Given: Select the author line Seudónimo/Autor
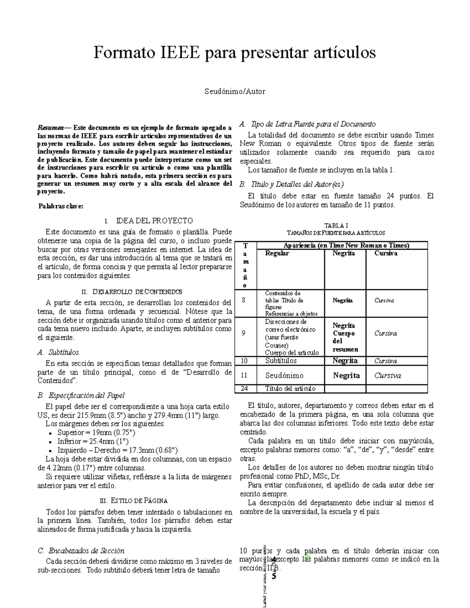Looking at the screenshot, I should pos(235,92).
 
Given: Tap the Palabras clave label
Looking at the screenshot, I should pos(61,206).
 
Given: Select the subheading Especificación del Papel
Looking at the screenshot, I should pos(86,395).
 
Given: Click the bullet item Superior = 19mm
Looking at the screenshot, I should pos(96,433).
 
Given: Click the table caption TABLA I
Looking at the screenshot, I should pos(336,226).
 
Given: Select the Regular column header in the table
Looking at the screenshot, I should pos(277,253).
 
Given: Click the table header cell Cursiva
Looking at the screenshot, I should pos(385,253).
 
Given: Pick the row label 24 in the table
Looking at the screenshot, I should pos(244,388).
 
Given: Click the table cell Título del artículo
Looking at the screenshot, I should pos(290,388).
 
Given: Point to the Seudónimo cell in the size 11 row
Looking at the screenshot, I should pos(284,375).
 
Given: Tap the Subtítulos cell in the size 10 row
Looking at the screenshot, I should pos(281,361).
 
